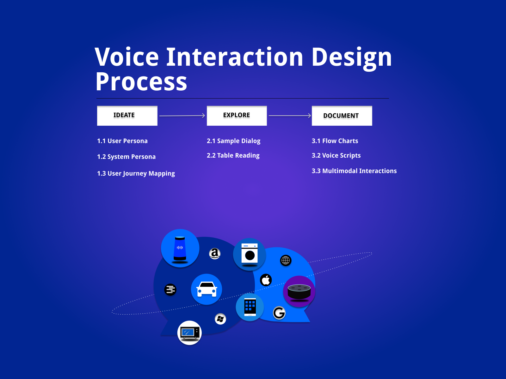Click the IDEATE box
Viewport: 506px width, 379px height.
coord(127,116)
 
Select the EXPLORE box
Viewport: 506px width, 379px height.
coord(237,116)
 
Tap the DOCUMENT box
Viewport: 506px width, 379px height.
coord(342,116)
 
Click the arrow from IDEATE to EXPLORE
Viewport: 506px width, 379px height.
coord(182,116)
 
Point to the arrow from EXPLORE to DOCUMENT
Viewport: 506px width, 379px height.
coord(289,116)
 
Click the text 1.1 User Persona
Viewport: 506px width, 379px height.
coord(122,141)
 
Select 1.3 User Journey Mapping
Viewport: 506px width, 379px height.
coord(136,173)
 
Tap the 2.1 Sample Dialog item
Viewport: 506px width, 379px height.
coord(233,141)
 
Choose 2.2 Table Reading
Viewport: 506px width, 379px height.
coord(233,155)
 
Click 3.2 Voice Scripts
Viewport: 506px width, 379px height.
coord(336,155)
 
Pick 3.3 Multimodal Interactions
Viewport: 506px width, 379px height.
coord(354,171)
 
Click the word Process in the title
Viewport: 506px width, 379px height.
coord(141,82)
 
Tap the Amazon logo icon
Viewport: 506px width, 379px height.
coord(215,253)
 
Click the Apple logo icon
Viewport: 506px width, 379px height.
coord(266,280)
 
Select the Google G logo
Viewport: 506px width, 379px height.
coord(279,313)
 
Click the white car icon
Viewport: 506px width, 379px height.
coord(207,289)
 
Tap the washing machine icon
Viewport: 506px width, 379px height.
coord(250,254)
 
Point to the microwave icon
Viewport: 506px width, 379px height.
coord(189,333)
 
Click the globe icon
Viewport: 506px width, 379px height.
coord(286,261)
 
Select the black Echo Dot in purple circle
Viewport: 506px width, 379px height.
coord(299,292)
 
